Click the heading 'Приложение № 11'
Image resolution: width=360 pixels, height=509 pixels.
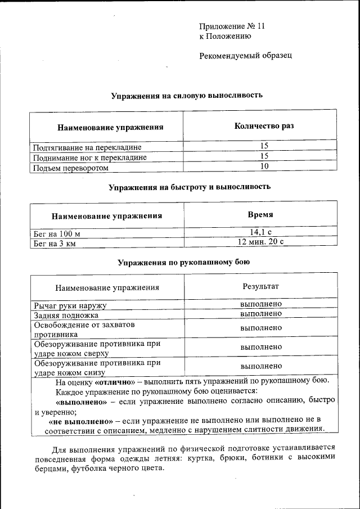(x=232, y=26)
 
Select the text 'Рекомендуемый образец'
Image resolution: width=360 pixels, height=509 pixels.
(x=246, y=56)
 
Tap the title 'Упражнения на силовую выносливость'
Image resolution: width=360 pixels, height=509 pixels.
(x=186, y=96)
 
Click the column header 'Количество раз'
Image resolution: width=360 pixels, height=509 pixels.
(x=264, y=126)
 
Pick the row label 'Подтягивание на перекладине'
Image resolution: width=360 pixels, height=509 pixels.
(x=87, y=147)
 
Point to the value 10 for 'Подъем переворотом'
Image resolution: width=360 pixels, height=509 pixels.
(x=264, y=166)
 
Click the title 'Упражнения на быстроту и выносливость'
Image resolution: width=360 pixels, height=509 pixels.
(x=190, y=186)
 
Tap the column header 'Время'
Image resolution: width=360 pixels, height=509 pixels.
(x=260, y=215)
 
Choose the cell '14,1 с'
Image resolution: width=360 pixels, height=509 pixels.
(x=260, y=232)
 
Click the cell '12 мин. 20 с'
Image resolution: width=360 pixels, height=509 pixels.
(x=260, y=242)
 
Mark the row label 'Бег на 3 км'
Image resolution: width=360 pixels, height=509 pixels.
(x=55, y=244)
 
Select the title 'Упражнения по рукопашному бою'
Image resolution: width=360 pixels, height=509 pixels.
(x=183, y=262)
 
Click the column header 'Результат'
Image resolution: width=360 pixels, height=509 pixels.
(x=260, y=286)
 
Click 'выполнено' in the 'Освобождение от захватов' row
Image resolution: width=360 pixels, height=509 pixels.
(x=260, y=327)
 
